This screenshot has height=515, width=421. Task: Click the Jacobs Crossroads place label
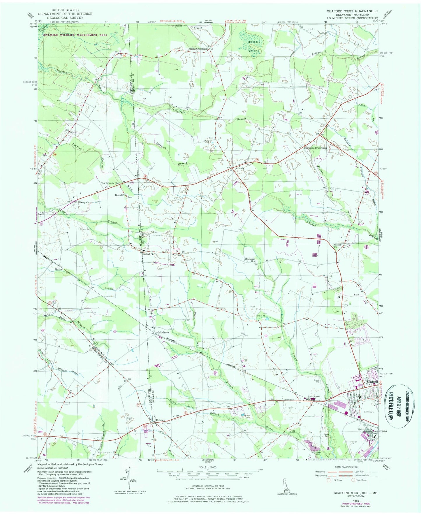[198, 49]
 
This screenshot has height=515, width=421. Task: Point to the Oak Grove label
[163, 332]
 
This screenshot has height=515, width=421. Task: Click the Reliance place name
[160, 420]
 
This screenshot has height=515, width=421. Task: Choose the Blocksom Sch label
[250, 260]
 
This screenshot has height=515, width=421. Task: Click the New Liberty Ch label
[109, 183]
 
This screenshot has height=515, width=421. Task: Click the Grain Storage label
[314, 396]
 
